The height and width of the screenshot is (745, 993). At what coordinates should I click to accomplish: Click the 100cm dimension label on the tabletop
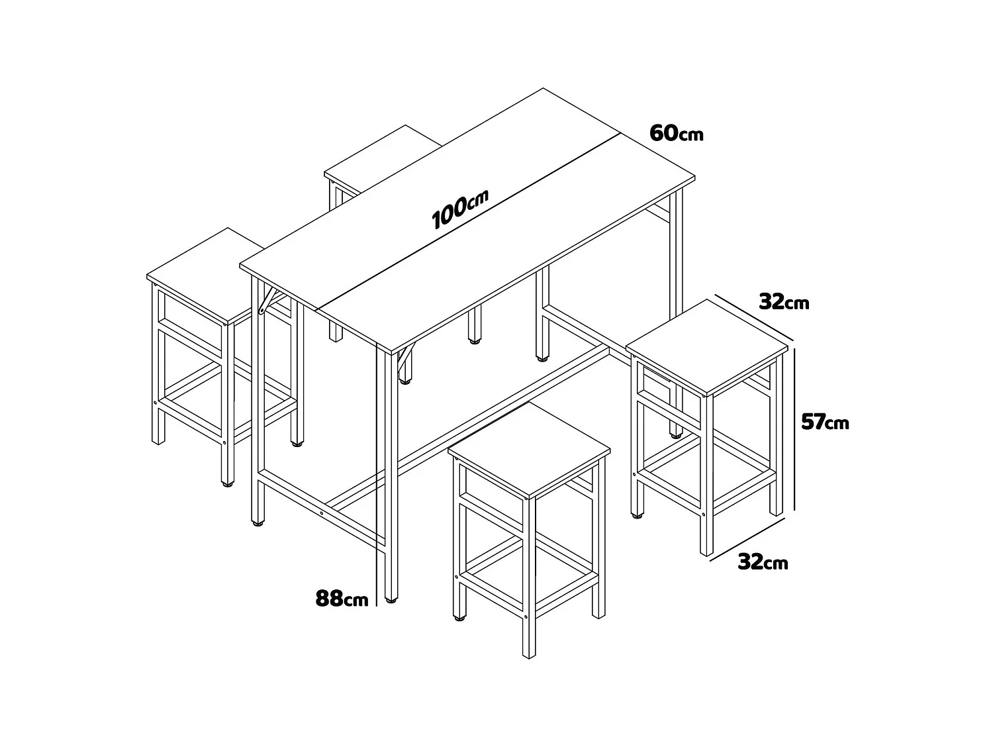[459, 209]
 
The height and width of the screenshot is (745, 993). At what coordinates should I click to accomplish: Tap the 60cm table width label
[676, 133]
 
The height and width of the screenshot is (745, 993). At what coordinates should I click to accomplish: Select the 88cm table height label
[342, 599]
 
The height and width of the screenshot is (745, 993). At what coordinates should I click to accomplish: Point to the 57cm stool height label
[824, 422]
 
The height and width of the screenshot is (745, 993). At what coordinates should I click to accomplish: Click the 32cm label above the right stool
[784, 302]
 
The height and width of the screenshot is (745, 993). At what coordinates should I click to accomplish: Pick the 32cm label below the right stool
[763, 562]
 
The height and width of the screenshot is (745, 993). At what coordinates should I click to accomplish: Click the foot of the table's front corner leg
[392, 601]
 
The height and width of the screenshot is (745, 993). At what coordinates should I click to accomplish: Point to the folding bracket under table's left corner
[268, 299]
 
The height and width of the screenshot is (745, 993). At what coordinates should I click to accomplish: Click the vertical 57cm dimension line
[794, 424]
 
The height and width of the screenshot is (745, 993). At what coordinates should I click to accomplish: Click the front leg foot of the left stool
[227, 484]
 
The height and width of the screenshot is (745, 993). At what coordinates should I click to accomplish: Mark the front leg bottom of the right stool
[706, 552]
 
